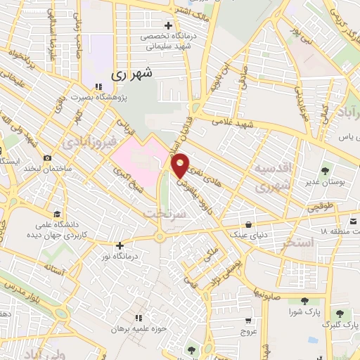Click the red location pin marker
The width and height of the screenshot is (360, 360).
(181, 165)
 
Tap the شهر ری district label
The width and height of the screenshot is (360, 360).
(132, 72)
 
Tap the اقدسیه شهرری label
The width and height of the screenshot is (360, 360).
(271, 177)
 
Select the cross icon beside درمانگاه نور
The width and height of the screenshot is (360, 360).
(120, 245)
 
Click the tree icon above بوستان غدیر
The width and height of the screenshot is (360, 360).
(325, 170)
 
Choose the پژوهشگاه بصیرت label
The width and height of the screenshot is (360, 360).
(122, 96)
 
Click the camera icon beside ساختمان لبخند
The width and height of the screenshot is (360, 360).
(47, 158)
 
